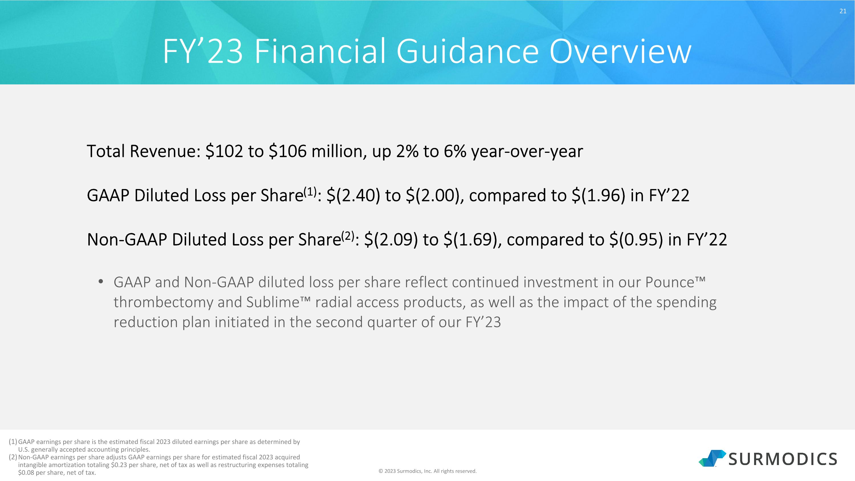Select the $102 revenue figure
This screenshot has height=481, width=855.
[224, 151]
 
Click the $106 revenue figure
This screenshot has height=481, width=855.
[288, 151]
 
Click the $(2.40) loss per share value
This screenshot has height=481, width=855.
[353, 195]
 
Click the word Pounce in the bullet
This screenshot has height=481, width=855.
[669, 283]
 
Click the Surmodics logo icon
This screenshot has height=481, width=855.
[712, 458]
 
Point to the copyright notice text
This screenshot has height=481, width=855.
[427, 471]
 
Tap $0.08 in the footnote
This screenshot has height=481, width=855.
[26, 472]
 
